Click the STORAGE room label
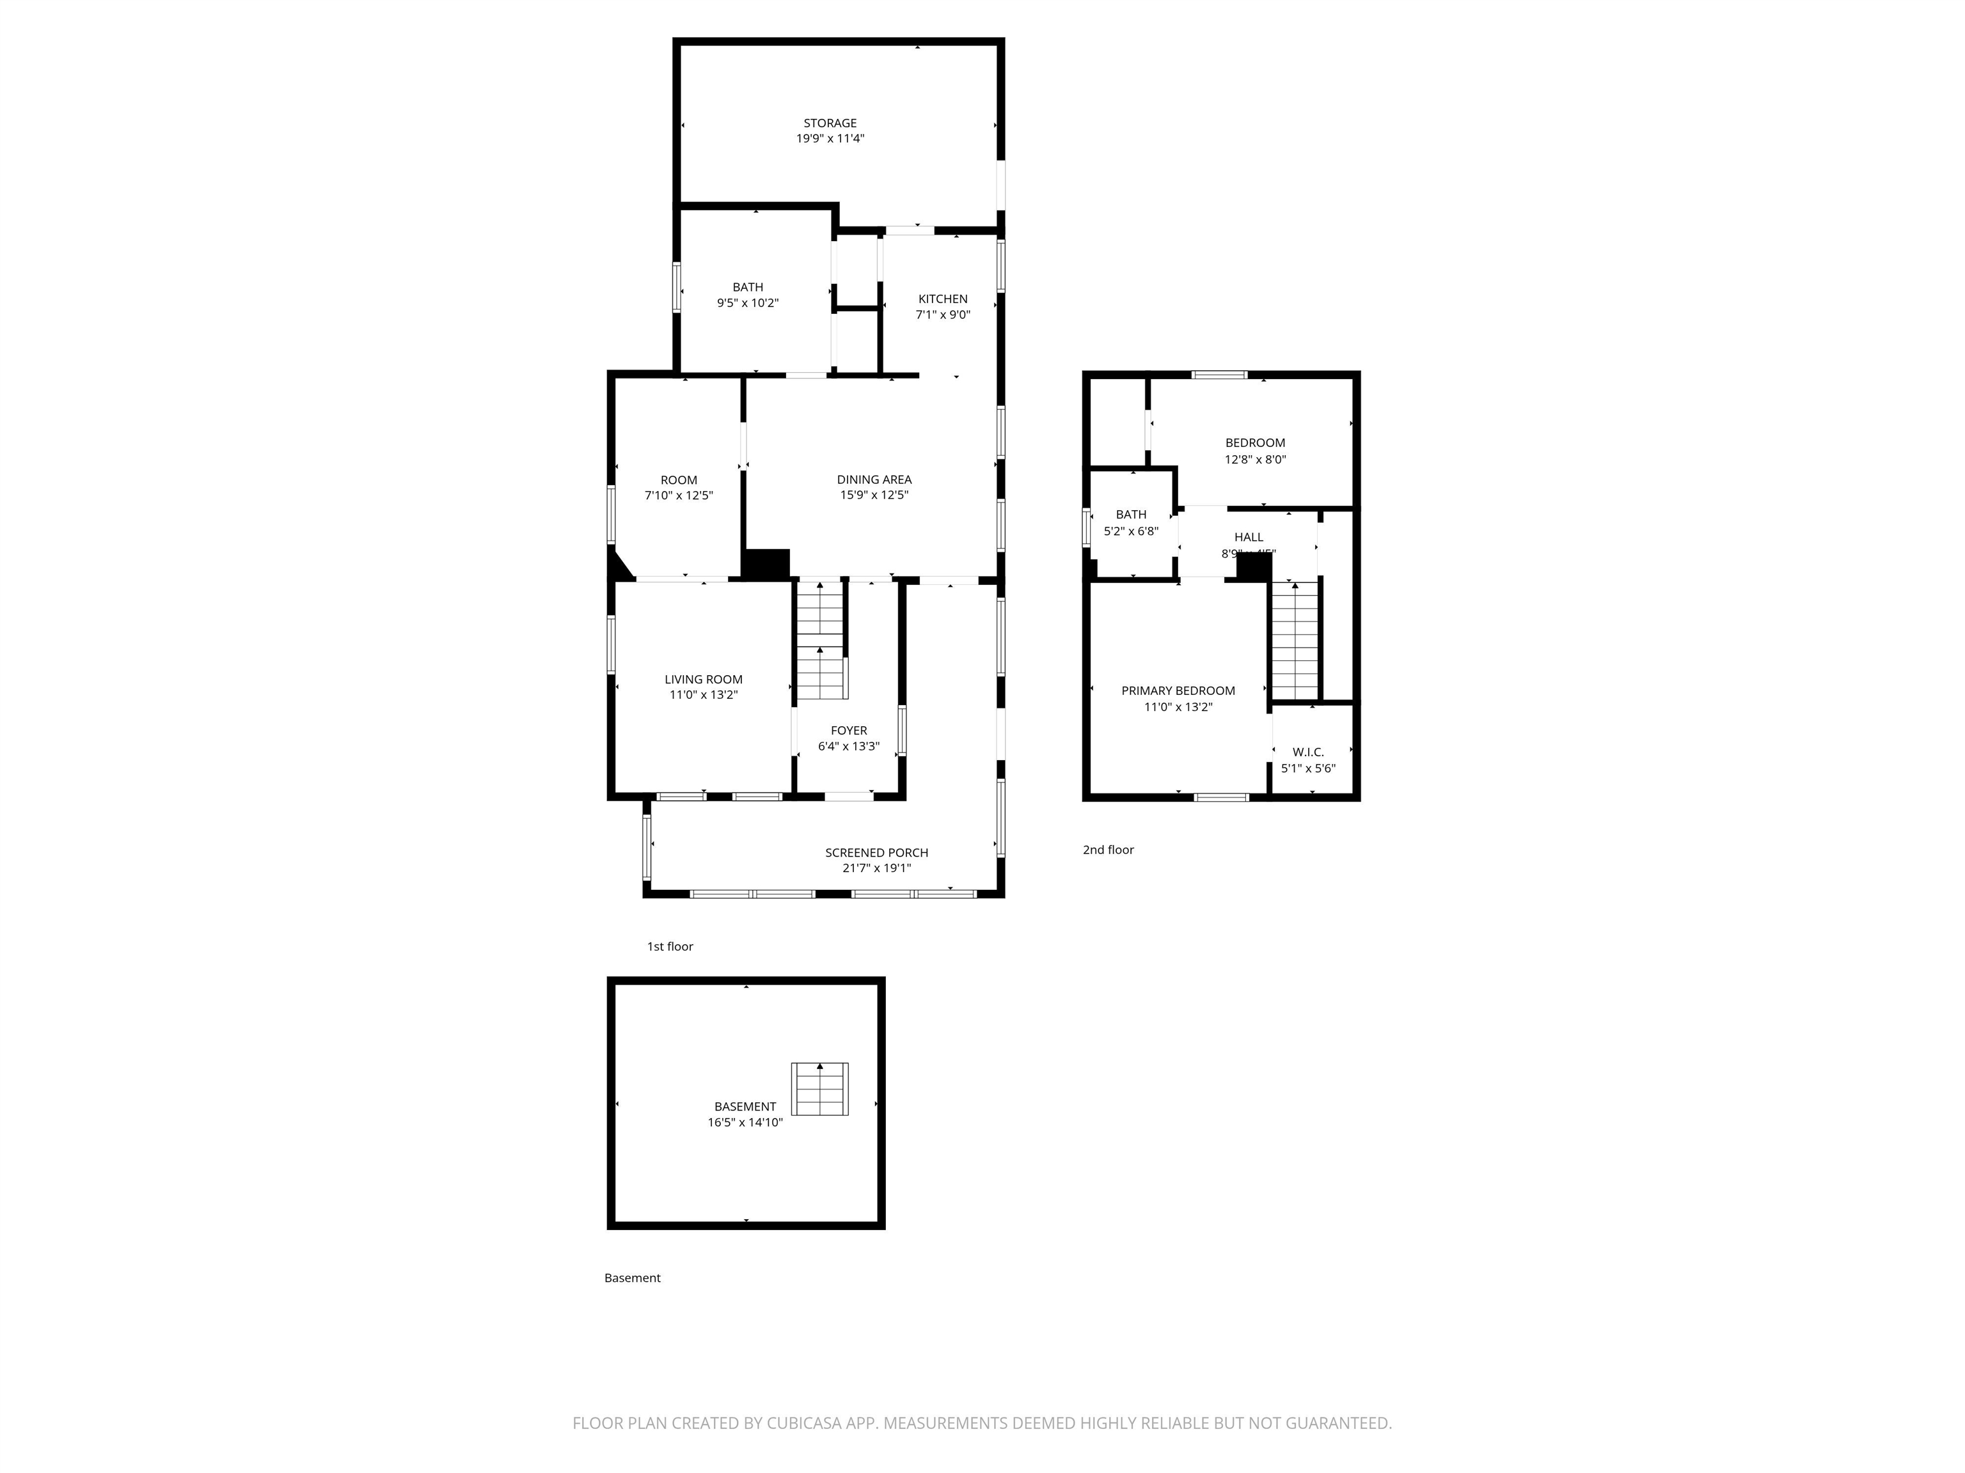coord(830,123)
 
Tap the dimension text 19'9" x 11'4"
coord(830,139)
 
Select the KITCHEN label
coord(943,299)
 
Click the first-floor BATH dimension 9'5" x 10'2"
coord(747,304)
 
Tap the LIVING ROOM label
coord(703,679)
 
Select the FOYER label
coord(848,731)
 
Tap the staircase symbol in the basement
coord(820,1089)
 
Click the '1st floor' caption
coord(670,946)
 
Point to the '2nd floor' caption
coord(1108,850)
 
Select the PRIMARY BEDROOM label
coord(1178,690)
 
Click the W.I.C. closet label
coord(1307,752)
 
